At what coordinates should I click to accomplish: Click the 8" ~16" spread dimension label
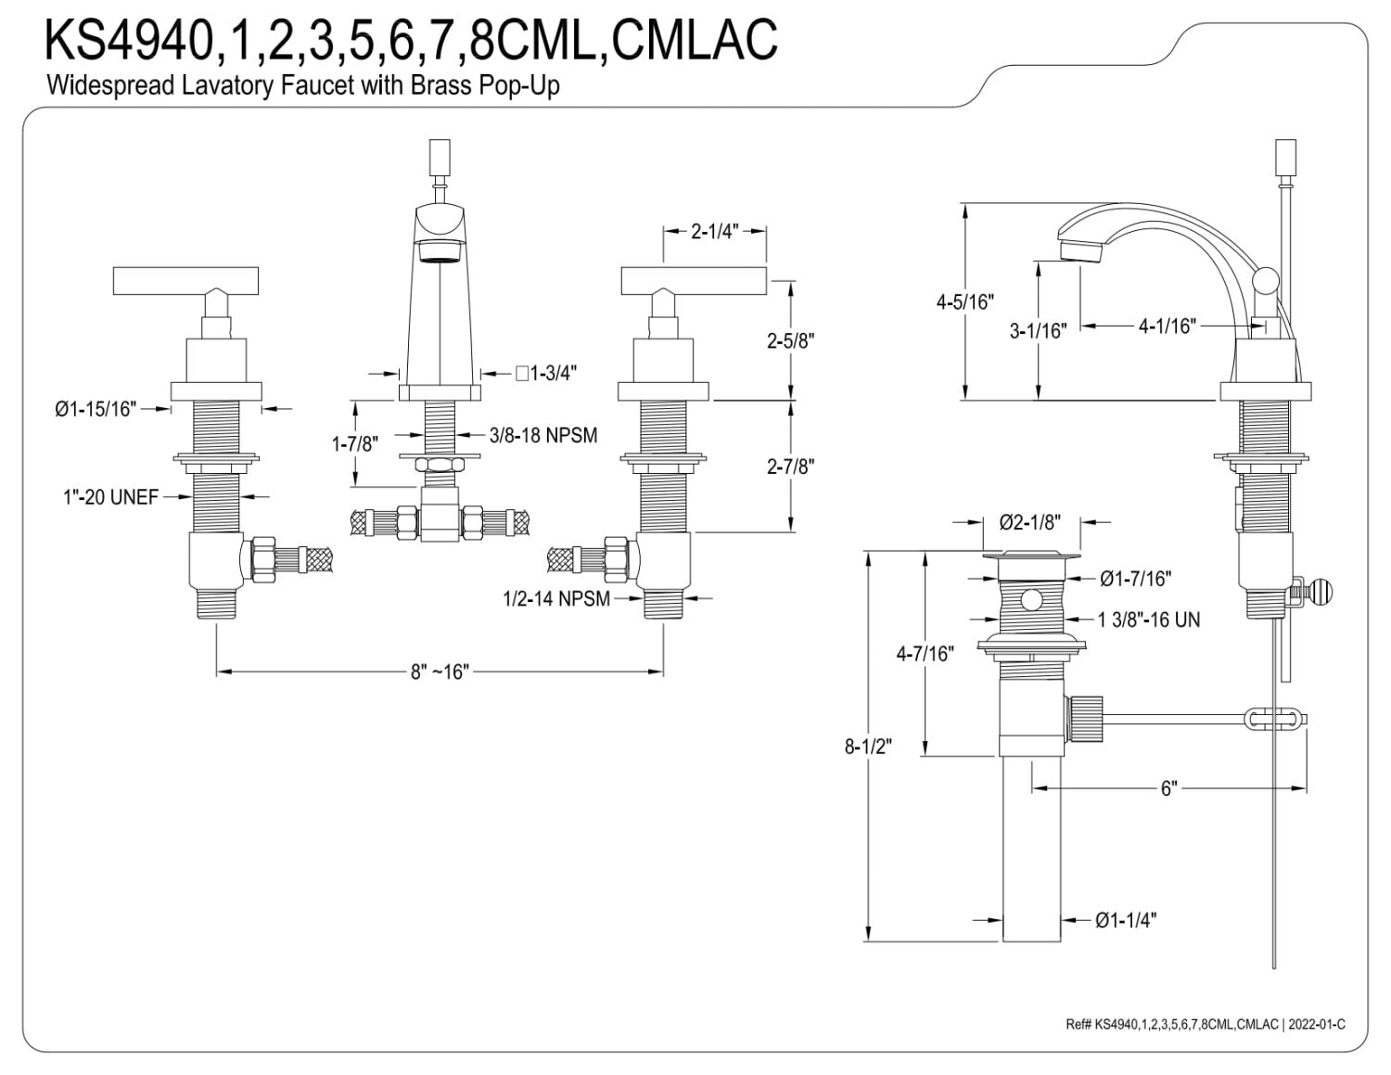point(440,672)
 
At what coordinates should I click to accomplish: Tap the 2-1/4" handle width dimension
point(714,231)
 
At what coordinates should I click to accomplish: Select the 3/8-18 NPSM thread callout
point(543,435)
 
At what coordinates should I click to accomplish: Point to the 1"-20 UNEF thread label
point(110,497)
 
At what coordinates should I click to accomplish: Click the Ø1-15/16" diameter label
point(96,408)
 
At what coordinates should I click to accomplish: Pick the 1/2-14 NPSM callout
point(556,598)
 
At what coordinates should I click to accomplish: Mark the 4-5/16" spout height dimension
point(964,301)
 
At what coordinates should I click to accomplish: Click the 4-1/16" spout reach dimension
point(1167,326)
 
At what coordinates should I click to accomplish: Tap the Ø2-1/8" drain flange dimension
point(1030,522)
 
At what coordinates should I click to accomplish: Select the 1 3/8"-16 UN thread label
point(1149,620)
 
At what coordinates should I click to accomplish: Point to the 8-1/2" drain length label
point(868,747)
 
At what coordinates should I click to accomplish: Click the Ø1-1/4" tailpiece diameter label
point(1126,921)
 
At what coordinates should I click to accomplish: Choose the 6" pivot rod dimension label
point(1168,788)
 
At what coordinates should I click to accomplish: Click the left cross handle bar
point(185,281)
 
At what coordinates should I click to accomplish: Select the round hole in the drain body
point(1030,600)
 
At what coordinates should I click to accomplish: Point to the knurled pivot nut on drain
point(1084,719)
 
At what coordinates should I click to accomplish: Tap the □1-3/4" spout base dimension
point(546,373)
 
